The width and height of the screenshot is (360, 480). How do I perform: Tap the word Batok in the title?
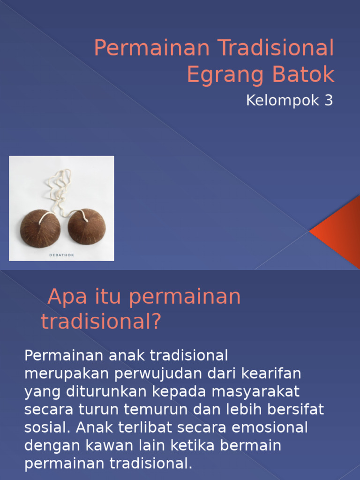pyautogui.click(x=301, y=75)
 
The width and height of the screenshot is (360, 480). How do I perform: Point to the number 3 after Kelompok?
pyautogui.click(x=328, y=101)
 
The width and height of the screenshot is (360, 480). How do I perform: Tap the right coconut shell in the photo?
pyautogui.click(x=87, y=226)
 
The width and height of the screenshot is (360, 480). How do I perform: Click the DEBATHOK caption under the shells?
pyautogui.click(x=61, y=255)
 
